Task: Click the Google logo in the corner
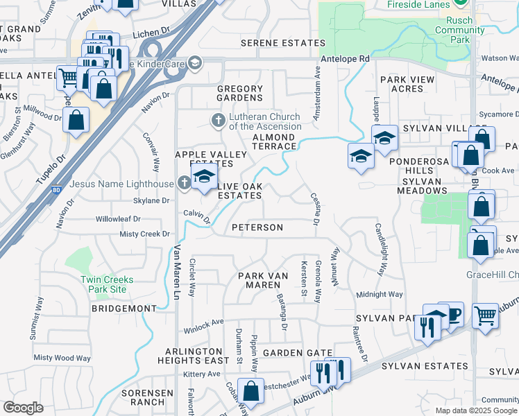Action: click(23, 408)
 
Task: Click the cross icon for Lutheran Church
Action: click(218, 121)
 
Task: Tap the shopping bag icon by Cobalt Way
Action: click(251, 391)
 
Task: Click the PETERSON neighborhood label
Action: click(257, 227)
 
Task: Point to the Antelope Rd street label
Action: click(345, 60)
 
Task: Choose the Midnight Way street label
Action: click(380, 295)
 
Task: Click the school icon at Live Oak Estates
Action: click(204, 177)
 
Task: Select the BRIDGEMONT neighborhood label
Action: click(124, 307)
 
